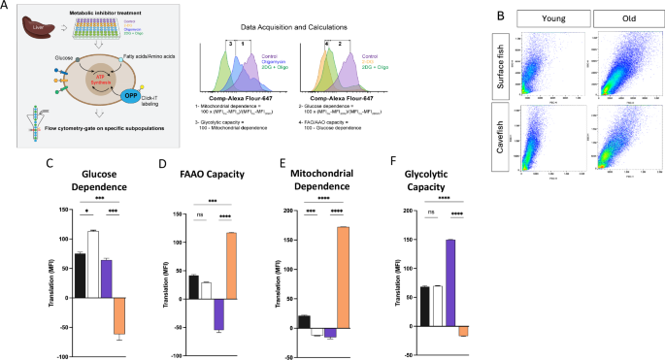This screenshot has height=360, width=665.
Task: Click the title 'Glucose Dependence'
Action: click(101, 169)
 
